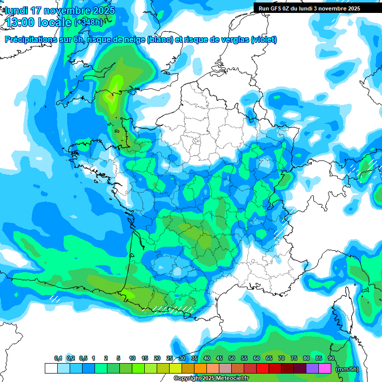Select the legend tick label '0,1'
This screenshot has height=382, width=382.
coord(58,359)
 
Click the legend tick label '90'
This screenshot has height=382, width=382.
coord(331,359)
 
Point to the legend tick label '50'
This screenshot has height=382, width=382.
coord(232,359)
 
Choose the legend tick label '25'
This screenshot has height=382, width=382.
coord(170,359)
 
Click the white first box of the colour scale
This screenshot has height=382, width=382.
coord(51,369)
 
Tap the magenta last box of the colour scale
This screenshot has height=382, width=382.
coord(325,369)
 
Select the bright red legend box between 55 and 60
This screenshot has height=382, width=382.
coord(250,369)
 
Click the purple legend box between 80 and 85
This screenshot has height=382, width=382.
coord(312,369)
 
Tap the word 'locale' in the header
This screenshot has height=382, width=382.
coord(55,23)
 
